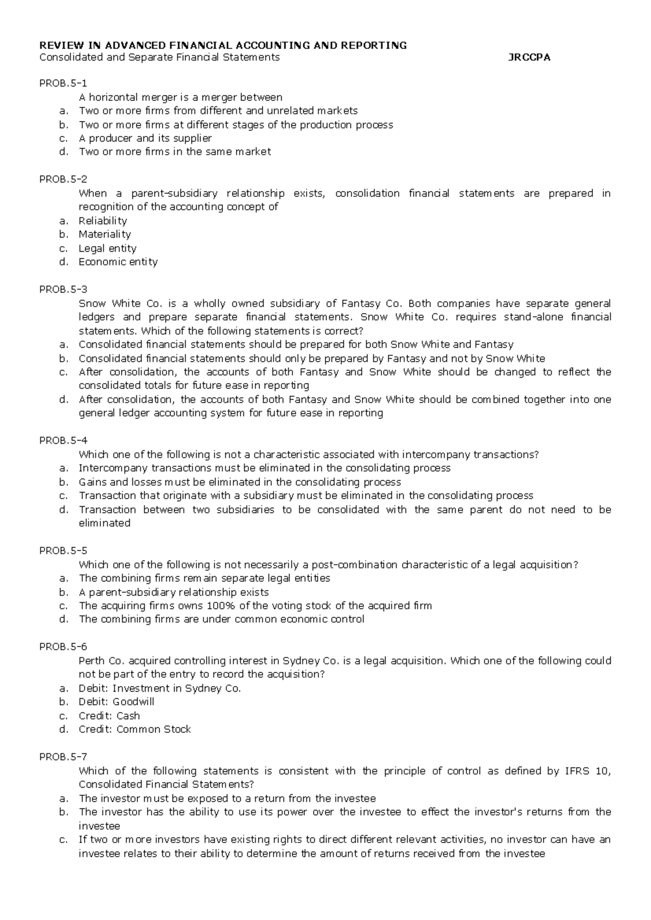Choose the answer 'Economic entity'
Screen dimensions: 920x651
[118, 262]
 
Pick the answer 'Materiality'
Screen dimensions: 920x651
[105, 234]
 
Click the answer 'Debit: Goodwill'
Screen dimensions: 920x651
[117, 702]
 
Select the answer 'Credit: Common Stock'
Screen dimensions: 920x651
[135, 730]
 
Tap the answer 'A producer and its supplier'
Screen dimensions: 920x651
[145, 138]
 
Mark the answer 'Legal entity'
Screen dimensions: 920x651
[107, 248]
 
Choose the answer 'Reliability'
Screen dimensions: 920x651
[103, 221]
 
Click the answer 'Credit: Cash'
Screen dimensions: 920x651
[109, 716]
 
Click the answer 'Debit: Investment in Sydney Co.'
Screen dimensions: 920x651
[159, 688]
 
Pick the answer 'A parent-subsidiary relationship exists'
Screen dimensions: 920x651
[174, 592]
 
